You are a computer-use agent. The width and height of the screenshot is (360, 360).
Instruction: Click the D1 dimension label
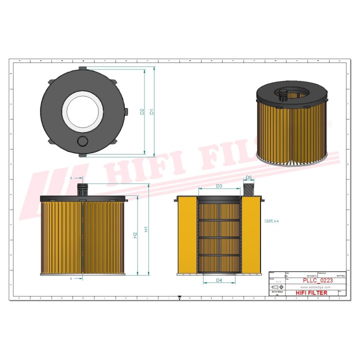151,112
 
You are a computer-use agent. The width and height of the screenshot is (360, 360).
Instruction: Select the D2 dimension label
142,112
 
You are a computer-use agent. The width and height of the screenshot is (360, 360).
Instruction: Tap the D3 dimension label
219,186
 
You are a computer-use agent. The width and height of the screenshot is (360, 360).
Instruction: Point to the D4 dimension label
219,280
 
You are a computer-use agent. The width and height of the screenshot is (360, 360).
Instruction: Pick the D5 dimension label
248,178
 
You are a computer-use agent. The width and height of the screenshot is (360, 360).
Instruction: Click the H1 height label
146,229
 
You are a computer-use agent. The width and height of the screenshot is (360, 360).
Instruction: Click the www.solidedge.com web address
316,288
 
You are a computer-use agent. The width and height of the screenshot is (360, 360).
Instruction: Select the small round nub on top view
82,141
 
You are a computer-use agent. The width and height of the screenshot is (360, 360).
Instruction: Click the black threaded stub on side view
82,190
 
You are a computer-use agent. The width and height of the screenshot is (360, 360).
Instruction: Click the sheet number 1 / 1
272,282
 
